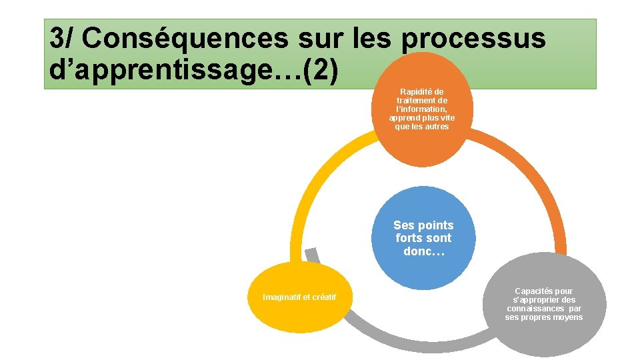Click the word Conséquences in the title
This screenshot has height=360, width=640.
pyautogui.click(x=184, y=39)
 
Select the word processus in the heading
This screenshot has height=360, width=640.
pyautogui.click(x=473, y=39)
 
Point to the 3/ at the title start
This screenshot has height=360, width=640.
pyautogui.click(x=63, y=39)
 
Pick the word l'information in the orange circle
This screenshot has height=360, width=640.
pyautogui.click(x=421, y=109)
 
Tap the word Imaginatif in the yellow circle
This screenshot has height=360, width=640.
pyautogui.click(x=281, y=297)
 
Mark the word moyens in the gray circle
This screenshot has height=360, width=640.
pyautogui.click(x=565, y=317)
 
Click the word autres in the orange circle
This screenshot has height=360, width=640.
pyautogui.click(x=436, y=127)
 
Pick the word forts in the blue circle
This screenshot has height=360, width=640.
pyautogui.click(x=409, y=238)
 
